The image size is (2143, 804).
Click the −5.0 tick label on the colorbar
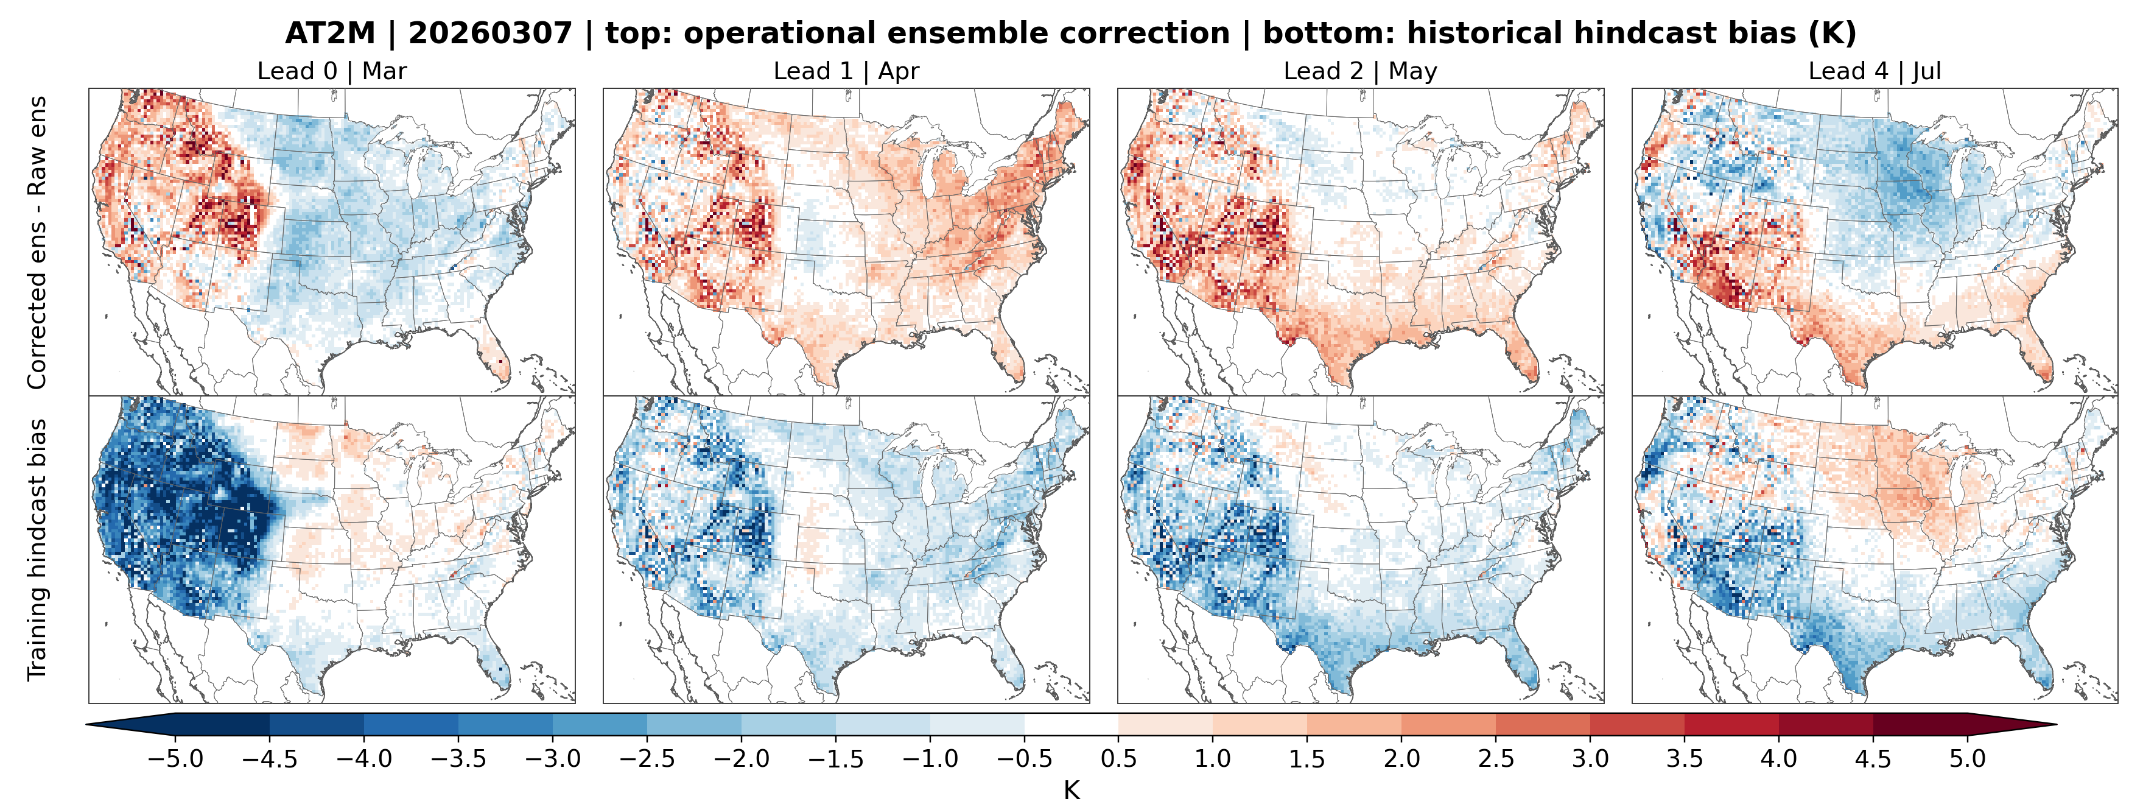click(175, 759)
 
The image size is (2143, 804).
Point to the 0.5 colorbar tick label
click(1118, 759)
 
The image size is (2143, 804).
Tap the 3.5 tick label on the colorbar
click(1685, 759)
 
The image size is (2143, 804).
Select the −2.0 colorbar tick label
click(742, 759)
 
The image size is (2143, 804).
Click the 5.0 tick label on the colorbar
click(1968, 759)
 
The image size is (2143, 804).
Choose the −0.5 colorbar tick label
click(1024, 759)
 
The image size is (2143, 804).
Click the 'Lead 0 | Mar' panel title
click(332, 72)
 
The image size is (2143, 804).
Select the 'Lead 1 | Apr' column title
click(846, 72)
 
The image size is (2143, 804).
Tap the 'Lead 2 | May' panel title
click(1360, 72)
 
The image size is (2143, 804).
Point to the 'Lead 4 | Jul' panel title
click(1875, 72)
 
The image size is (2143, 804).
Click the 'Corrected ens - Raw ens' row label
click(37, 242)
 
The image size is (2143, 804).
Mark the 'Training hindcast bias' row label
click(37, 549)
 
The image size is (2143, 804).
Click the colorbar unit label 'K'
click(1071, 790)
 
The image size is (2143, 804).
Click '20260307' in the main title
click(490, 33)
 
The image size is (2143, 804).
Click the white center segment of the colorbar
click(1071, 724)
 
